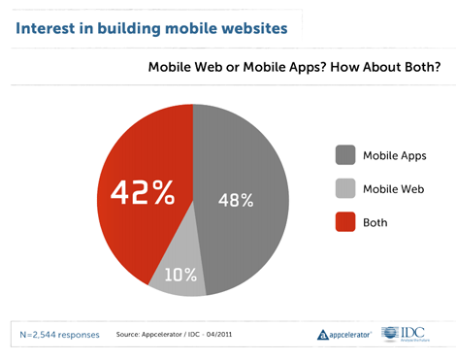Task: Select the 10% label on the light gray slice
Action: [x=179, y=275]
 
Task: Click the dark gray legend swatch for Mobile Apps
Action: [x=344, y=155]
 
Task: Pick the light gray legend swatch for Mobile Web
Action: [x=344, y=189]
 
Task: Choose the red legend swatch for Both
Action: [x=344, y=222]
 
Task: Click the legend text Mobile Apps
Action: [x=394, y=155]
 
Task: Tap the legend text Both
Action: [x=375, y=222]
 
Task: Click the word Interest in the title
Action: [x=46, y=27]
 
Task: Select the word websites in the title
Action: [x=250, y=27]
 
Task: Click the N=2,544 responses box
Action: [x=58, y=335]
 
